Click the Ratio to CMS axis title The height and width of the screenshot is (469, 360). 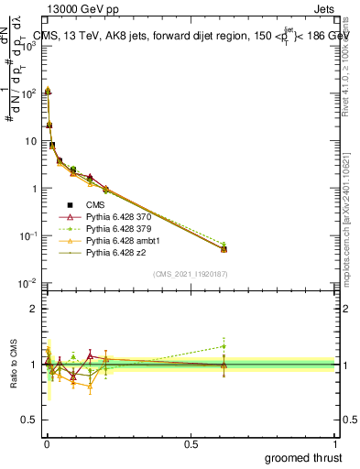pos(13,364)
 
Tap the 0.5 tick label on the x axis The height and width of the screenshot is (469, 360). pos(191,443)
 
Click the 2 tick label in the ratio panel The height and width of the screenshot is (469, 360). pos(34,309)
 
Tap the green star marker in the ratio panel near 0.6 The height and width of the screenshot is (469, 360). pos(224,346)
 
